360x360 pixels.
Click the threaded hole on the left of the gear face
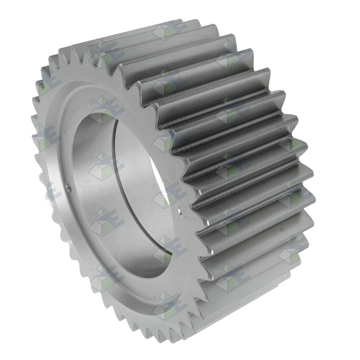click(x=68, y=185)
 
